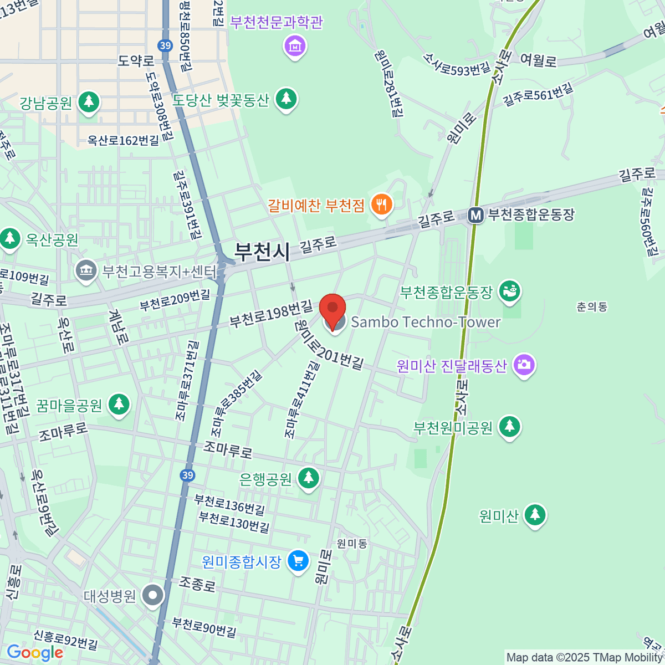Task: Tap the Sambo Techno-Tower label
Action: click(x=426, y=322)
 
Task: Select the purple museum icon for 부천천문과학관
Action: click(x=295, y=46)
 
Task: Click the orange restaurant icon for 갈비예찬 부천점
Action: click(x=381, y=204)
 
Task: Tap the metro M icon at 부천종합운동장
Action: click(x=475, y=215)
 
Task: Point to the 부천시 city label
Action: click(x=262, y=252)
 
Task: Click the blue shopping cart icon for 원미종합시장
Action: click(x=298, y=561)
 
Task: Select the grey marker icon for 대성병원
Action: click(x=153, y=596)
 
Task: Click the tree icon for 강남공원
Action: click(x=88, y=102)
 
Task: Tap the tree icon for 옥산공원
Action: click(x=9, y=239)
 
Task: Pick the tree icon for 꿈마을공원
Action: click(x=119, y=405)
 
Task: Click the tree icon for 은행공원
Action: click(x=308, y=478)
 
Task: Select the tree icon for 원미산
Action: click(x=534, y=515)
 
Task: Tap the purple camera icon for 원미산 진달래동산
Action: click(x=524, y=365)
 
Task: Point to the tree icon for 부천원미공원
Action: click(x=510, y=427)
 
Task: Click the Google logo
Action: click(x=34, y=653)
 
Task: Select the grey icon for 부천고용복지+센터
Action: click(x=85, y=271)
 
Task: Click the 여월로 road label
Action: click(x=538, y=60)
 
